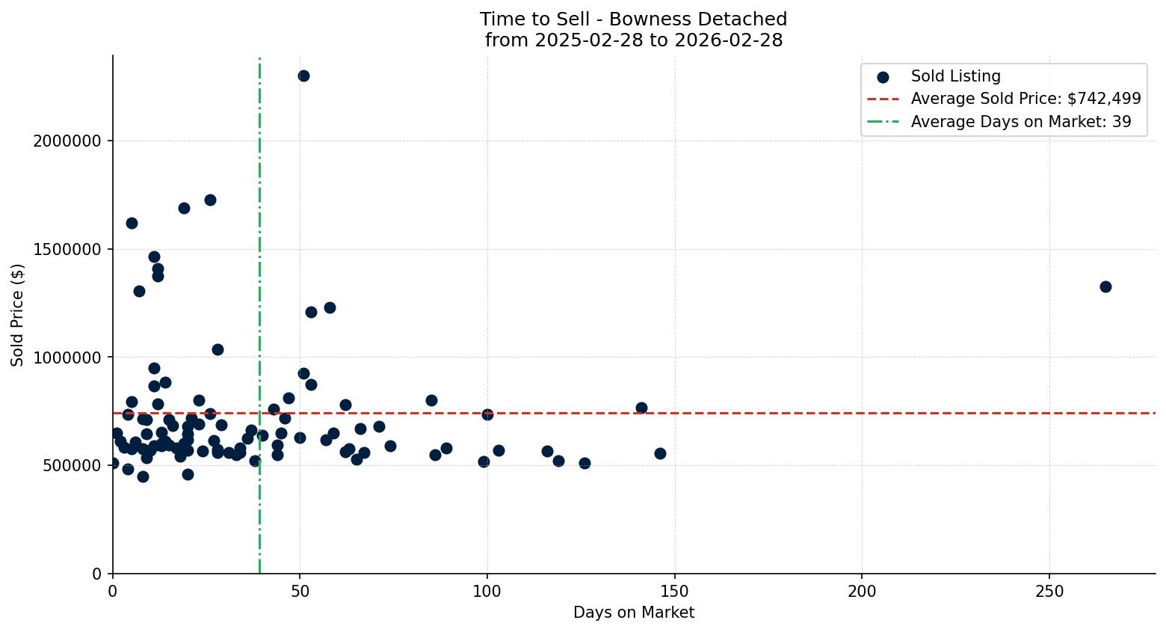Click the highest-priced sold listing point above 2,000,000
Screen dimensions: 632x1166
click(303, 76)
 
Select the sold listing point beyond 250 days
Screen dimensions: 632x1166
click(1105, 286)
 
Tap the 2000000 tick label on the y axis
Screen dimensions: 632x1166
click(68, 141)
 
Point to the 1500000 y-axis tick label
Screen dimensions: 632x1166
click(68, 249)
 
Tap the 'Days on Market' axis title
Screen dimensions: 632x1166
click(634, 613)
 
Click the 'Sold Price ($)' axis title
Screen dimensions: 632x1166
click(18, 315)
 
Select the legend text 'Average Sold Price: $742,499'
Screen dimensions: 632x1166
click(1025, 99)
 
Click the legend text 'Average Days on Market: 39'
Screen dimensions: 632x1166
click(1021, 122)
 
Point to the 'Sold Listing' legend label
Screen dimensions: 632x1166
click(955, 76)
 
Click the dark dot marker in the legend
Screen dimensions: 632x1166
click(883, 76)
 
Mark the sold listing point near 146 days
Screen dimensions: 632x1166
click(660, 453)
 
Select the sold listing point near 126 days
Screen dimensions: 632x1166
click(584, 464)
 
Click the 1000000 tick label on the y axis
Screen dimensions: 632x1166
click(68, 358)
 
